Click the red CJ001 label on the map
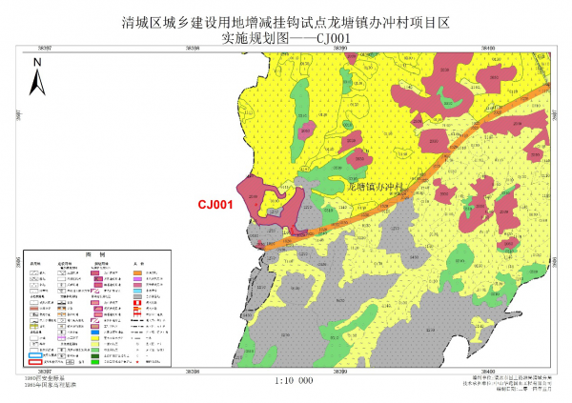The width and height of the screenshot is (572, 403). [x=215, y=203]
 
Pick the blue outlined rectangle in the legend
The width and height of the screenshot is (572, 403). [x=34, y=352]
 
